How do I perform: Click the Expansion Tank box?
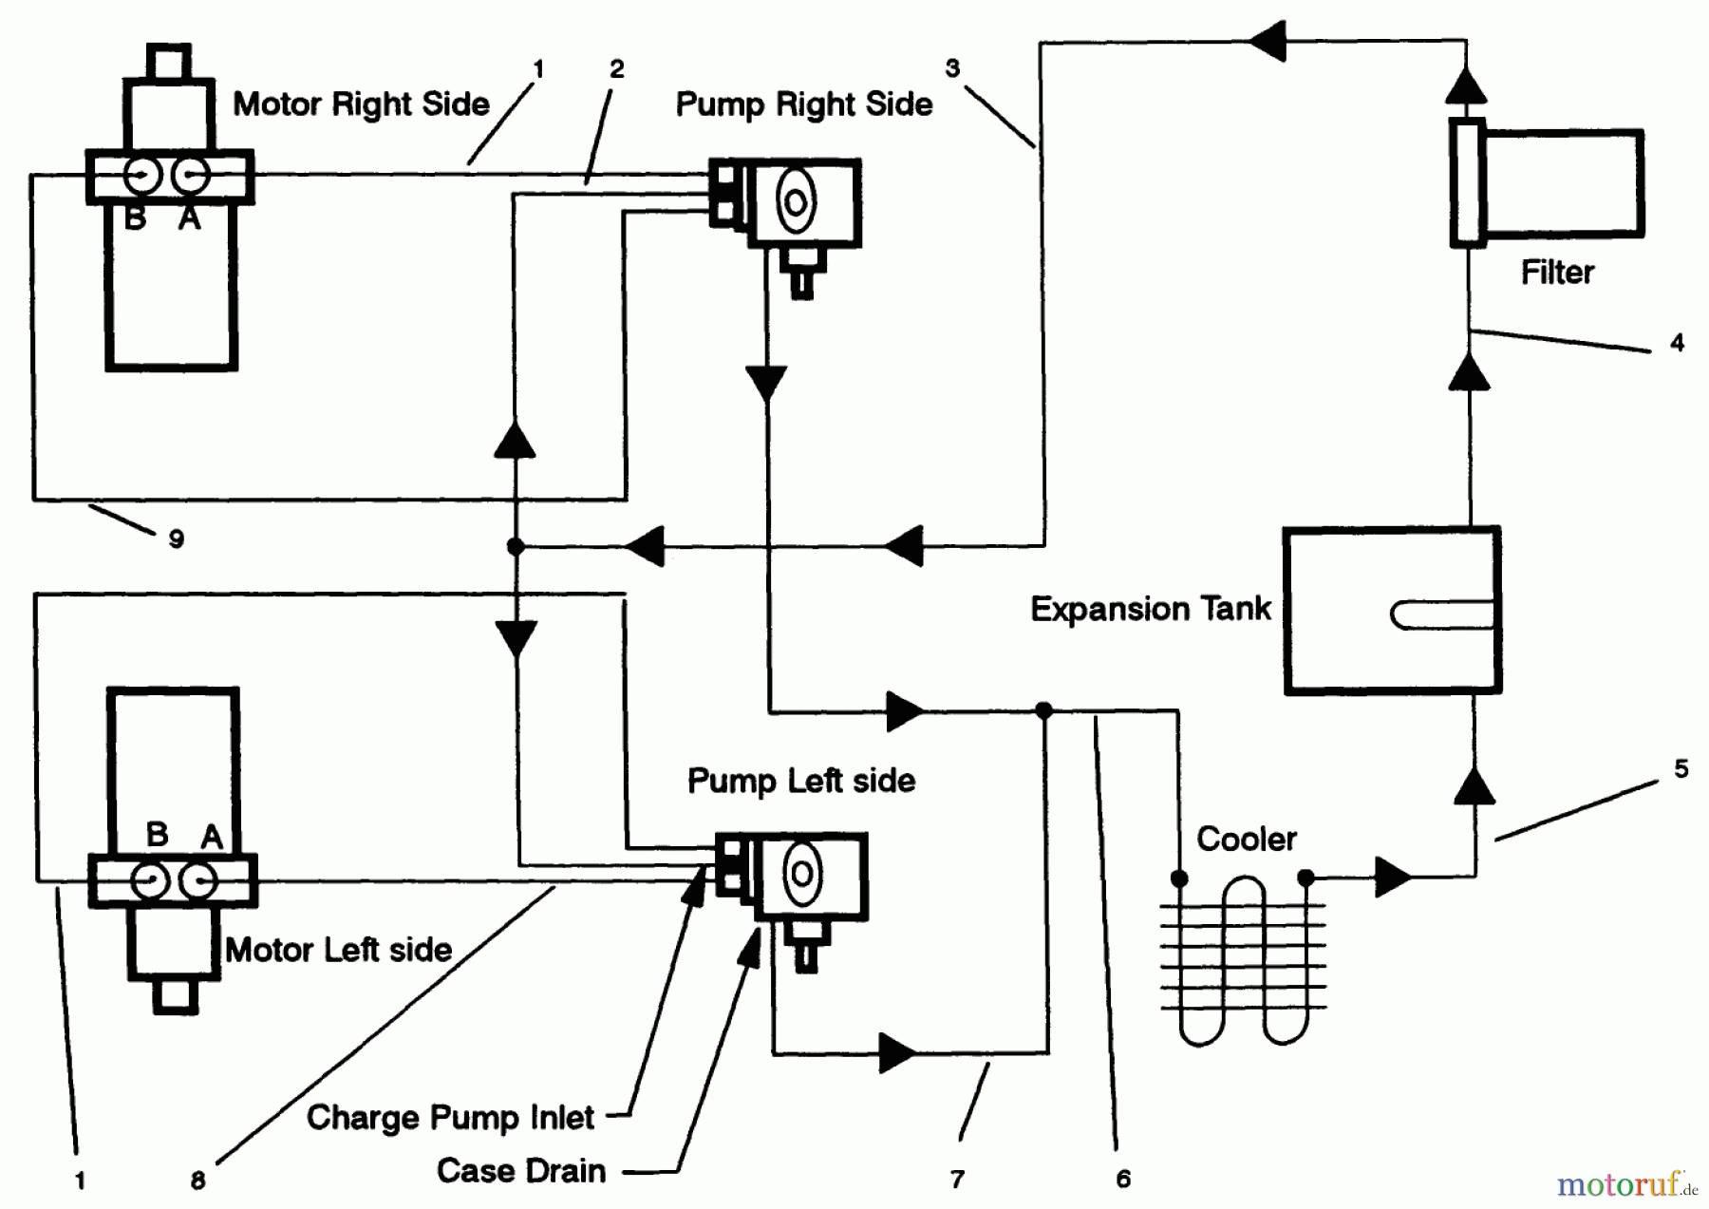click(1392, 611)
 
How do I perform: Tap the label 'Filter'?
click(1557, 273)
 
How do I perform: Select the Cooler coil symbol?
click(1243, 959)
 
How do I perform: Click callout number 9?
click(176, 538)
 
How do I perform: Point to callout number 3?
click(952, 67)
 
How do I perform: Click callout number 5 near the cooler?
click(1681, 768)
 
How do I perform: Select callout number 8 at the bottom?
click(197, 1181)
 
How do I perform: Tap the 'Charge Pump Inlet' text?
click(450, 1118)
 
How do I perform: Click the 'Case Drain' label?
click(520, 1171)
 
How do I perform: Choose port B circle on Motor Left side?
click(149, 881)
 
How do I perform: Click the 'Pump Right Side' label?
click(803, 104)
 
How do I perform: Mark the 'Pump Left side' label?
click(800, 781)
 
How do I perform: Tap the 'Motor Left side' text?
click(338, 950)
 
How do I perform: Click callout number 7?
click(957, 1179)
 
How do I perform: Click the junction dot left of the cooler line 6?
click(1043, 710)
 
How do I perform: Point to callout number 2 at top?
click(617, 68)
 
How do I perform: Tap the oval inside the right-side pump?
click(795, 201)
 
